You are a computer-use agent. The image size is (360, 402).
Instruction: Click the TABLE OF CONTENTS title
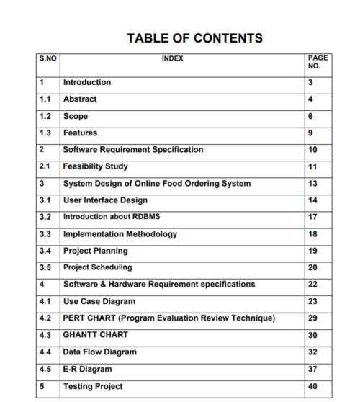tap(194, 38)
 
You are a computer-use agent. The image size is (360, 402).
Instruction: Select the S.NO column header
tap(48, 58)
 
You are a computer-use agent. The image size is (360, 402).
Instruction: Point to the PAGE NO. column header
tap(317, 62)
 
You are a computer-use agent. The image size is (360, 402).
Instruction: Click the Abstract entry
tap(80, 99)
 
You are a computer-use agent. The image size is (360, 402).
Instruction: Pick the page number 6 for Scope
tap(310, 116)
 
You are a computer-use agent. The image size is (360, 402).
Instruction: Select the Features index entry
tap(80, 133)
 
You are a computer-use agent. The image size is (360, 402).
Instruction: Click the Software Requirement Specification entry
tap(133, 150)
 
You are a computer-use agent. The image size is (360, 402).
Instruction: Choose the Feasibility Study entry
tap(96, 167)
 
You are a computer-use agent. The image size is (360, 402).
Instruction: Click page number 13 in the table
tap(312, 184)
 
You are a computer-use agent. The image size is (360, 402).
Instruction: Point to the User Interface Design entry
tap(105, 200)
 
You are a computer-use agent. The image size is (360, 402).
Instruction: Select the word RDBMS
tap(150, 217)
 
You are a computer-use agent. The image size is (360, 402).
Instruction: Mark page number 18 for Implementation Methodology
tap(312, 234)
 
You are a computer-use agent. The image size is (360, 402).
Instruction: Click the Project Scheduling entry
tap(97, 267)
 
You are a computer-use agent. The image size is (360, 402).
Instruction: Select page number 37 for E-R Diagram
tap(312, 370)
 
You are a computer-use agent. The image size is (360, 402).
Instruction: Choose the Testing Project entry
tap(93, 387)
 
